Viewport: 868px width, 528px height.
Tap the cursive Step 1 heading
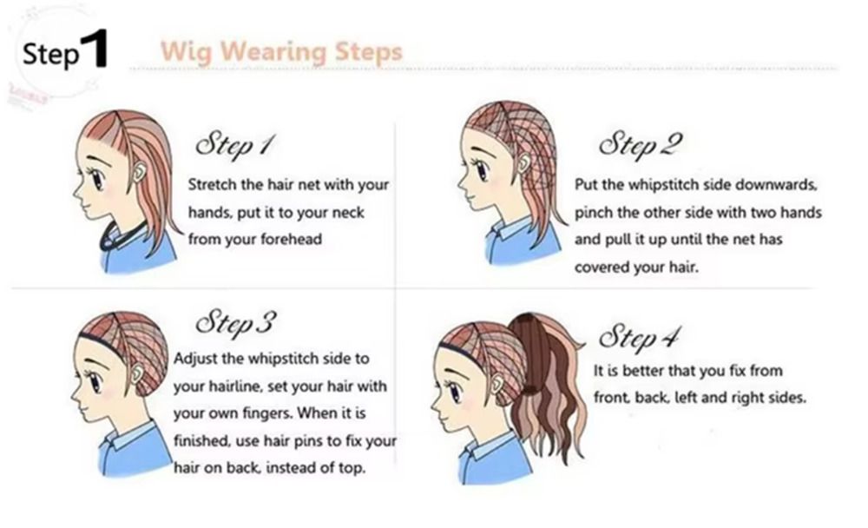pos(234,145)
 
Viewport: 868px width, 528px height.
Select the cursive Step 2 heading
pos(640,145)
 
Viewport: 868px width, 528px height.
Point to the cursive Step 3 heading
pos(236,322)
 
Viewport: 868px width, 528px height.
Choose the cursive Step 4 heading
pos(639,336)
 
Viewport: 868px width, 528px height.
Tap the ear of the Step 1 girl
pos(138,173)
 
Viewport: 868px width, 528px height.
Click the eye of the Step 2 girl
pos(482,169)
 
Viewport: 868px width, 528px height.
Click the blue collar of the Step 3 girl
pos(126,435)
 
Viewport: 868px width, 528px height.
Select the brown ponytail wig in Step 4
pos(545,382)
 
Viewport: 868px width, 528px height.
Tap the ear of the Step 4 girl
pos(498,383)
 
